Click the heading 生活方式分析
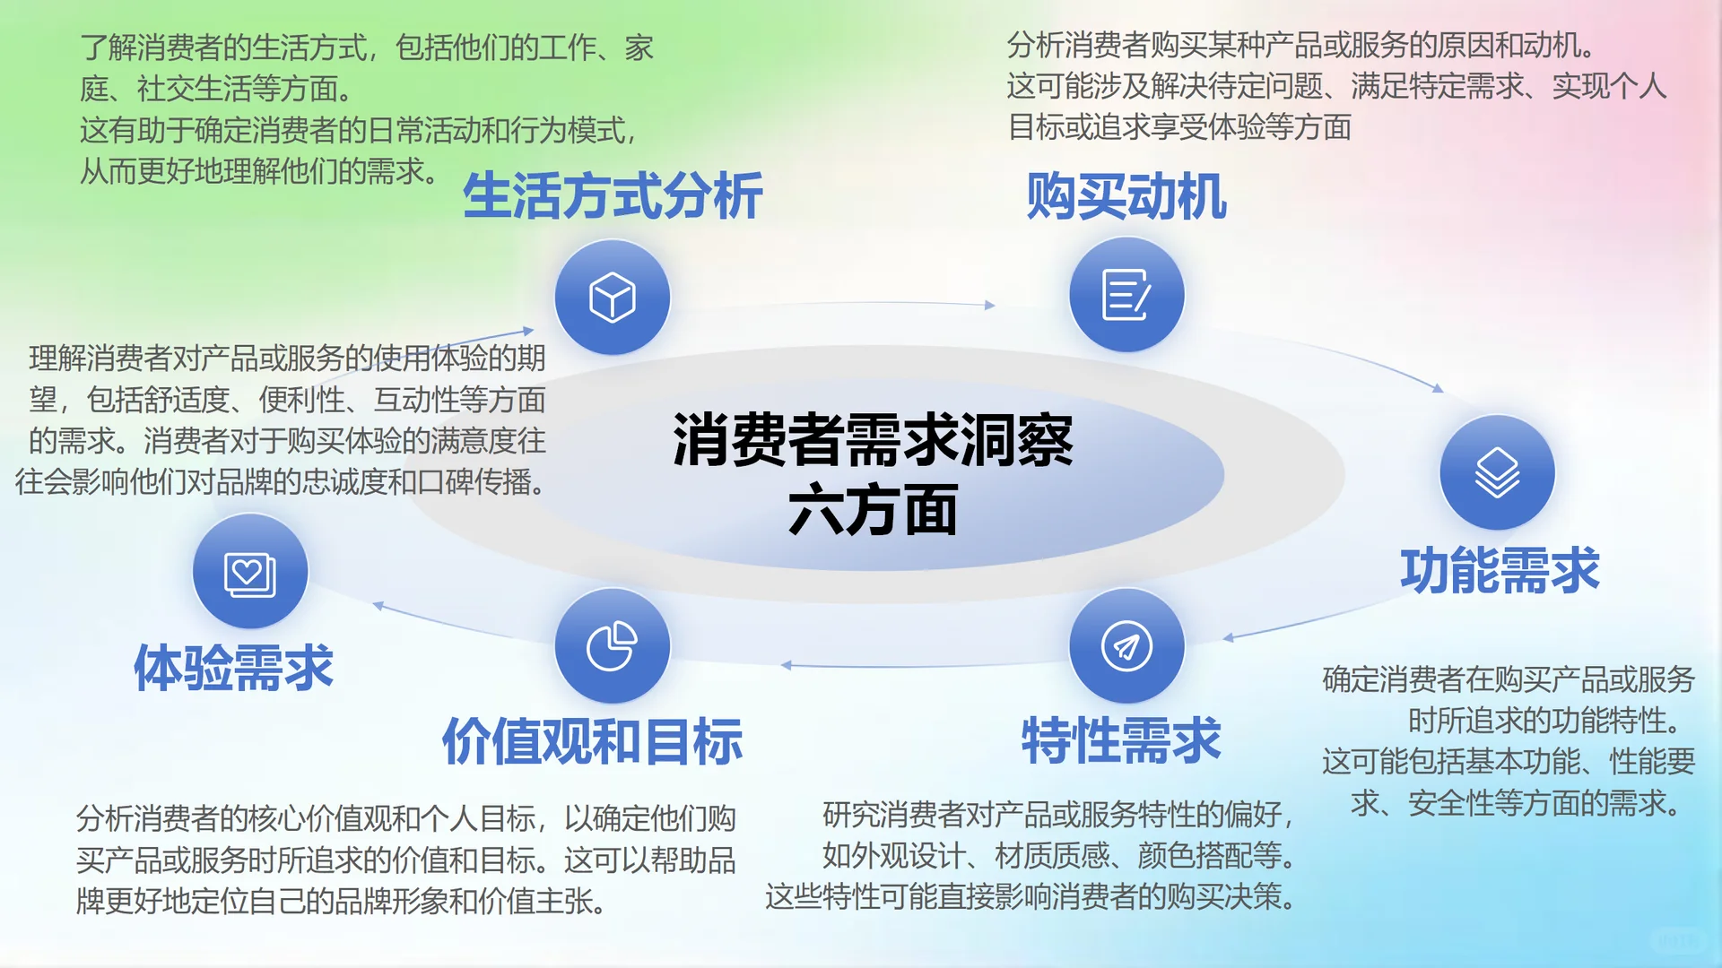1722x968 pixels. [x=613, y=196]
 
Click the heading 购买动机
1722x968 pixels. [x=1126, y=196]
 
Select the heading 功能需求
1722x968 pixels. [x=1500, y=570]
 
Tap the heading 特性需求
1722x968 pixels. [x=1121, y=740]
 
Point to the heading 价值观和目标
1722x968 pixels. [x=592, y=740]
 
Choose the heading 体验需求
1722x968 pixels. [x=233, y=668]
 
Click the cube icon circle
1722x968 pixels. [x=613, y=297]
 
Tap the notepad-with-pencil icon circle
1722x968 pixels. [x=1126, y=295]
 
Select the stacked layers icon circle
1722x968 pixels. [x=1497, y=472]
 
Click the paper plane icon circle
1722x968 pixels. [x=1126, y=646]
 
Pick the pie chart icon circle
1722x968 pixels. [x=613, y=646]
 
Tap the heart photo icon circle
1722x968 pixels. [x=250, y=572]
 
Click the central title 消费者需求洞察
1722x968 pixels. [x=872, y=440]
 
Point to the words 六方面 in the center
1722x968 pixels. [x=872, y=510]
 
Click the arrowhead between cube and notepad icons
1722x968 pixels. [x=989, y=306]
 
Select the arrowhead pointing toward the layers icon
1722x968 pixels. [x=1437, y=388]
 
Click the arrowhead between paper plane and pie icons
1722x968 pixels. [x=787, y=665]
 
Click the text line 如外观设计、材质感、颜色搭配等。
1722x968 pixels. [x=1058, y=856]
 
